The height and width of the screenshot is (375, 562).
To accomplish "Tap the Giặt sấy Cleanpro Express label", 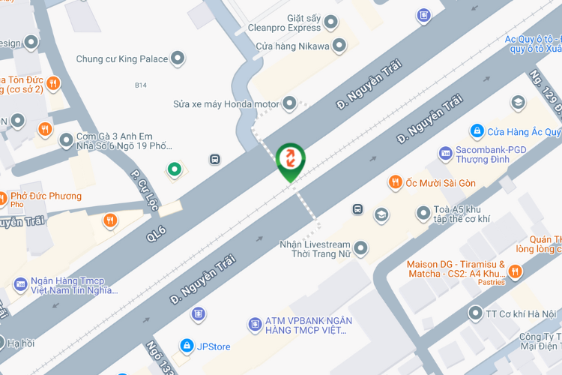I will (288, 22).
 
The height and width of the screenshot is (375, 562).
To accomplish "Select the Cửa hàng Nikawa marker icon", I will (339, 46).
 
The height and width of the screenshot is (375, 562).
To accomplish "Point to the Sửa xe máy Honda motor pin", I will (289, 103).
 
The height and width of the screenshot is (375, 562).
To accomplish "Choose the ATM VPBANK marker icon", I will (255, 324).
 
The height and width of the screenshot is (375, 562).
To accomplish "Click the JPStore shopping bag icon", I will (185, 346).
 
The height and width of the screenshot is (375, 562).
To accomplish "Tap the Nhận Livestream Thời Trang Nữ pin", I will (361, 247).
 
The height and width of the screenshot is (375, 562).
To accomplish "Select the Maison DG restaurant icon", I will (515, 271).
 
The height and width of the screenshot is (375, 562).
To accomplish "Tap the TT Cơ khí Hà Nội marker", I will (474, 313).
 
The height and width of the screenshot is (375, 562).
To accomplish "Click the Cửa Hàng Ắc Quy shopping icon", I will (476, 131).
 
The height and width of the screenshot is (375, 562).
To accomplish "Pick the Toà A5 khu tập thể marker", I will (423, 214).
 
